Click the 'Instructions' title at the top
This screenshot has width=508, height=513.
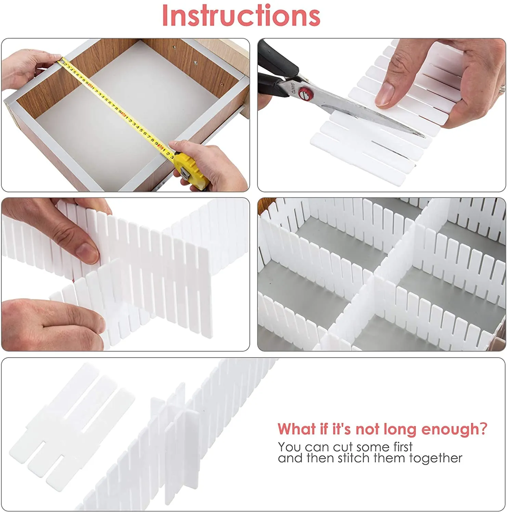pyautogui.click(x=241, y=16)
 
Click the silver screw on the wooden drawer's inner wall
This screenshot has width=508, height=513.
pyautogui.click(x=195, y=63)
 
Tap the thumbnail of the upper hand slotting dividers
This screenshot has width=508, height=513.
pyautogui.click(x=88, y=252)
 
